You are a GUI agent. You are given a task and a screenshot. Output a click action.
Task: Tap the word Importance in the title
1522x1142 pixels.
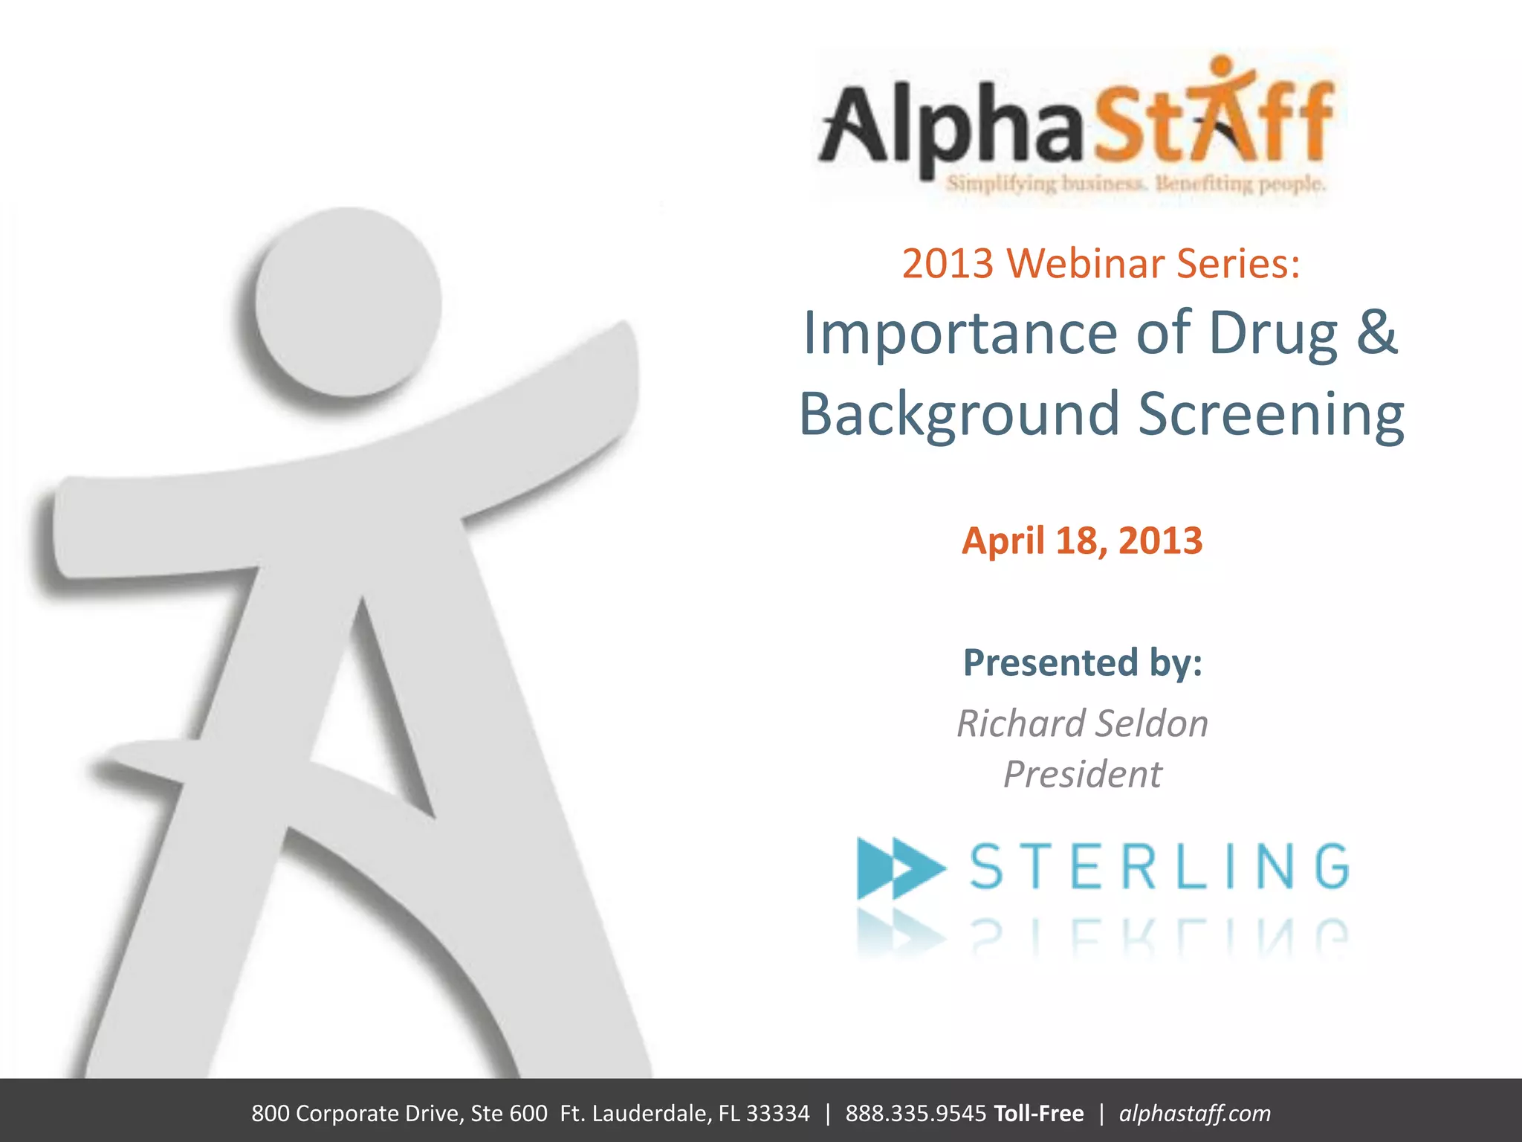(960, 334)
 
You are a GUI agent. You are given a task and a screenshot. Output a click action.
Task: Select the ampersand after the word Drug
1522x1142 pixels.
(1377, 332)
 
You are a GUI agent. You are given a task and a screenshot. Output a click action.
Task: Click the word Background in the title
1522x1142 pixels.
(959, 415)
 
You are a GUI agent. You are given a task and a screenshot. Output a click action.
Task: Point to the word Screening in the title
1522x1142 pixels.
(1271, 415)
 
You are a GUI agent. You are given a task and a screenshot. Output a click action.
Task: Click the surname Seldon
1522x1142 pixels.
(1151, 723)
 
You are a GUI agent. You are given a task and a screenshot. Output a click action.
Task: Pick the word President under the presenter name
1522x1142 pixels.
(1082, 775)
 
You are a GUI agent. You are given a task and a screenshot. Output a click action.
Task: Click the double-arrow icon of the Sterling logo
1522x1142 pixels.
(900, 868)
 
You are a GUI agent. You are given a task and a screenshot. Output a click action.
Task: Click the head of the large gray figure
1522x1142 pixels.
(348, 301)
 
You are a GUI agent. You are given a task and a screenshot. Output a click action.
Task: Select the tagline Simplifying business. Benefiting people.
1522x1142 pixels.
(1136, 184)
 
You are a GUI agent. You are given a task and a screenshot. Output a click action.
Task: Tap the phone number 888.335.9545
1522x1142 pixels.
(916, 1113)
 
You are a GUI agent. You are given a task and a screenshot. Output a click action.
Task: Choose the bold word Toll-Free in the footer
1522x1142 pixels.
(1038, 1113)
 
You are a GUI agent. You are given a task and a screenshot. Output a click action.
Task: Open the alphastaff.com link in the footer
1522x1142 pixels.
(1194, 1113)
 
